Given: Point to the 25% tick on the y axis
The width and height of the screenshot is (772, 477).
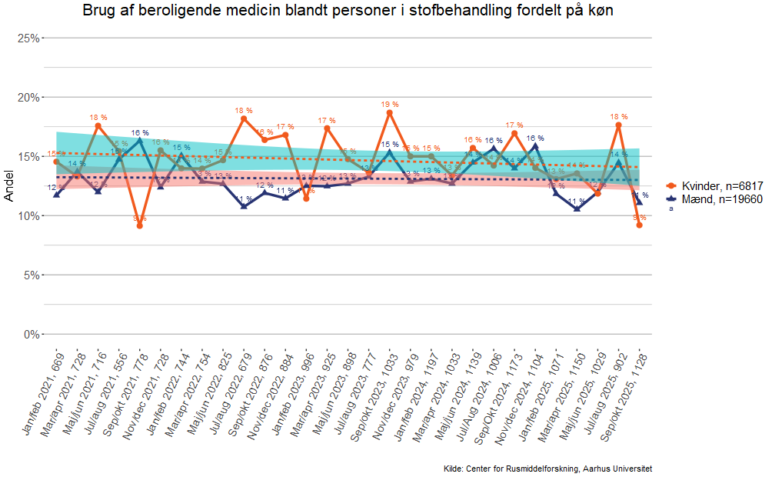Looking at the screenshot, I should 28,38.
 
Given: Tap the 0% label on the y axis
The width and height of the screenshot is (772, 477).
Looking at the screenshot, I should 31,334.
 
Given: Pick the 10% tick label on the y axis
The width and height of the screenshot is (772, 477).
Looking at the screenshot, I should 28,215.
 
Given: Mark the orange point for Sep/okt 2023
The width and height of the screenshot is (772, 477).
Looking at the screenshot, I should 390,112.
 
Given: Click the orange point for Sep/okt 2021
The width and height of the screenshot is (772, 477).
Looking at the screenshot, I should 139,225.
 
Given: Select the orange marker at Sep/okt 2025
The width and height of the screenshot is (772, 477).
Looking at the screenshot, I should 639,225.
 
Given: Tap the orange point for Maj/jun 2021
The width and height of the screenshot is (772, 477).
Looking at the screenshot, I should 98,125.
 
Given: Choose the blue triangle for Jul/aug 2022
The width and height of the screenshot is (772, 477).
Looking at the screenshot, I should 244,205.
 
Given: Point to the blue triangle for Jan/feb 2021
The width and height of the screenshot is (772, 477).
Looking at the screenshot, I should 56,195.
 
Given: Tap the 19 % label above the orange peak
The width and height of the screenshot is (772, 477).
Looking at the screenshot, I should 390,104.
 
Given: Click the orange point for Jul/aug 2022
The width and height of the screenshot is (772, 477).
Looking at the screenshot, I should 244,118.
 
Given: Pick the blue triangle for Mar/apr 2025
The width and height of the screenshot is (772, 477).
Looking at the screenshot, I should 577,208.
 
